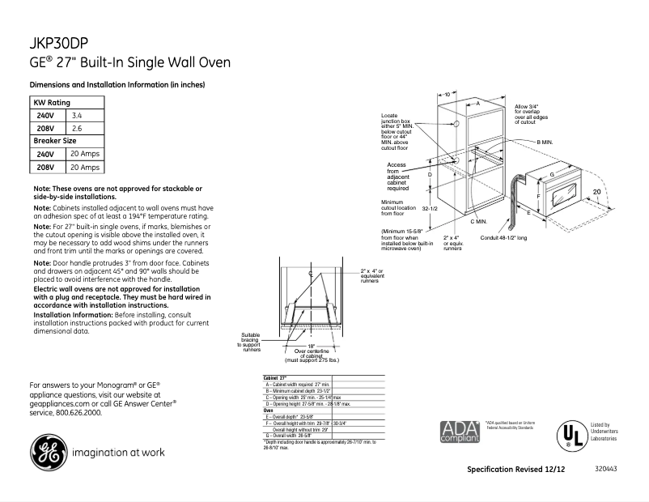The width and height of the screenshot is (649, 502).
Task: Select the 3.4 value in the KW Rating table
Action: click(78, 116)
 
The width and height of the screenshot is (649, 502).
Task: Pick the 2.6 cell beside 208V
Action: click(78, 128)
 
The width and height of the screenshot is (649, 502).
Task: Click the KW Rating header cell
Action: click(51, 103)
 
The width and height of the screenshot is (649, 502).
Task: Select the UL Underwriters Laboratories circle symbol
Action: click(573, 434)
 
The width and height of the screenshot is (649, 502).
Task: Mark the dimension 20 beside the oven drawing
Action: click(597, 191)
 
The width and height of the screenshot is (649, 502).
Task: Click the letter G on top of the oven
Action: click(551, 174)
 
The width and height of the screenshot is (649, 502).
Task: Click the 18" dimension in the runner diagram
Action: click(310, 346)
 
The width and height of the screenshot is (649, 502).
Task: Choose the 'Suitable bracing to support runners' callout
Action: click(251, 342)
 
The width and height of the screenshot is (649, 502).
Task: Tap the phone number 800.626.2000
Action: click(78, 412)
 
